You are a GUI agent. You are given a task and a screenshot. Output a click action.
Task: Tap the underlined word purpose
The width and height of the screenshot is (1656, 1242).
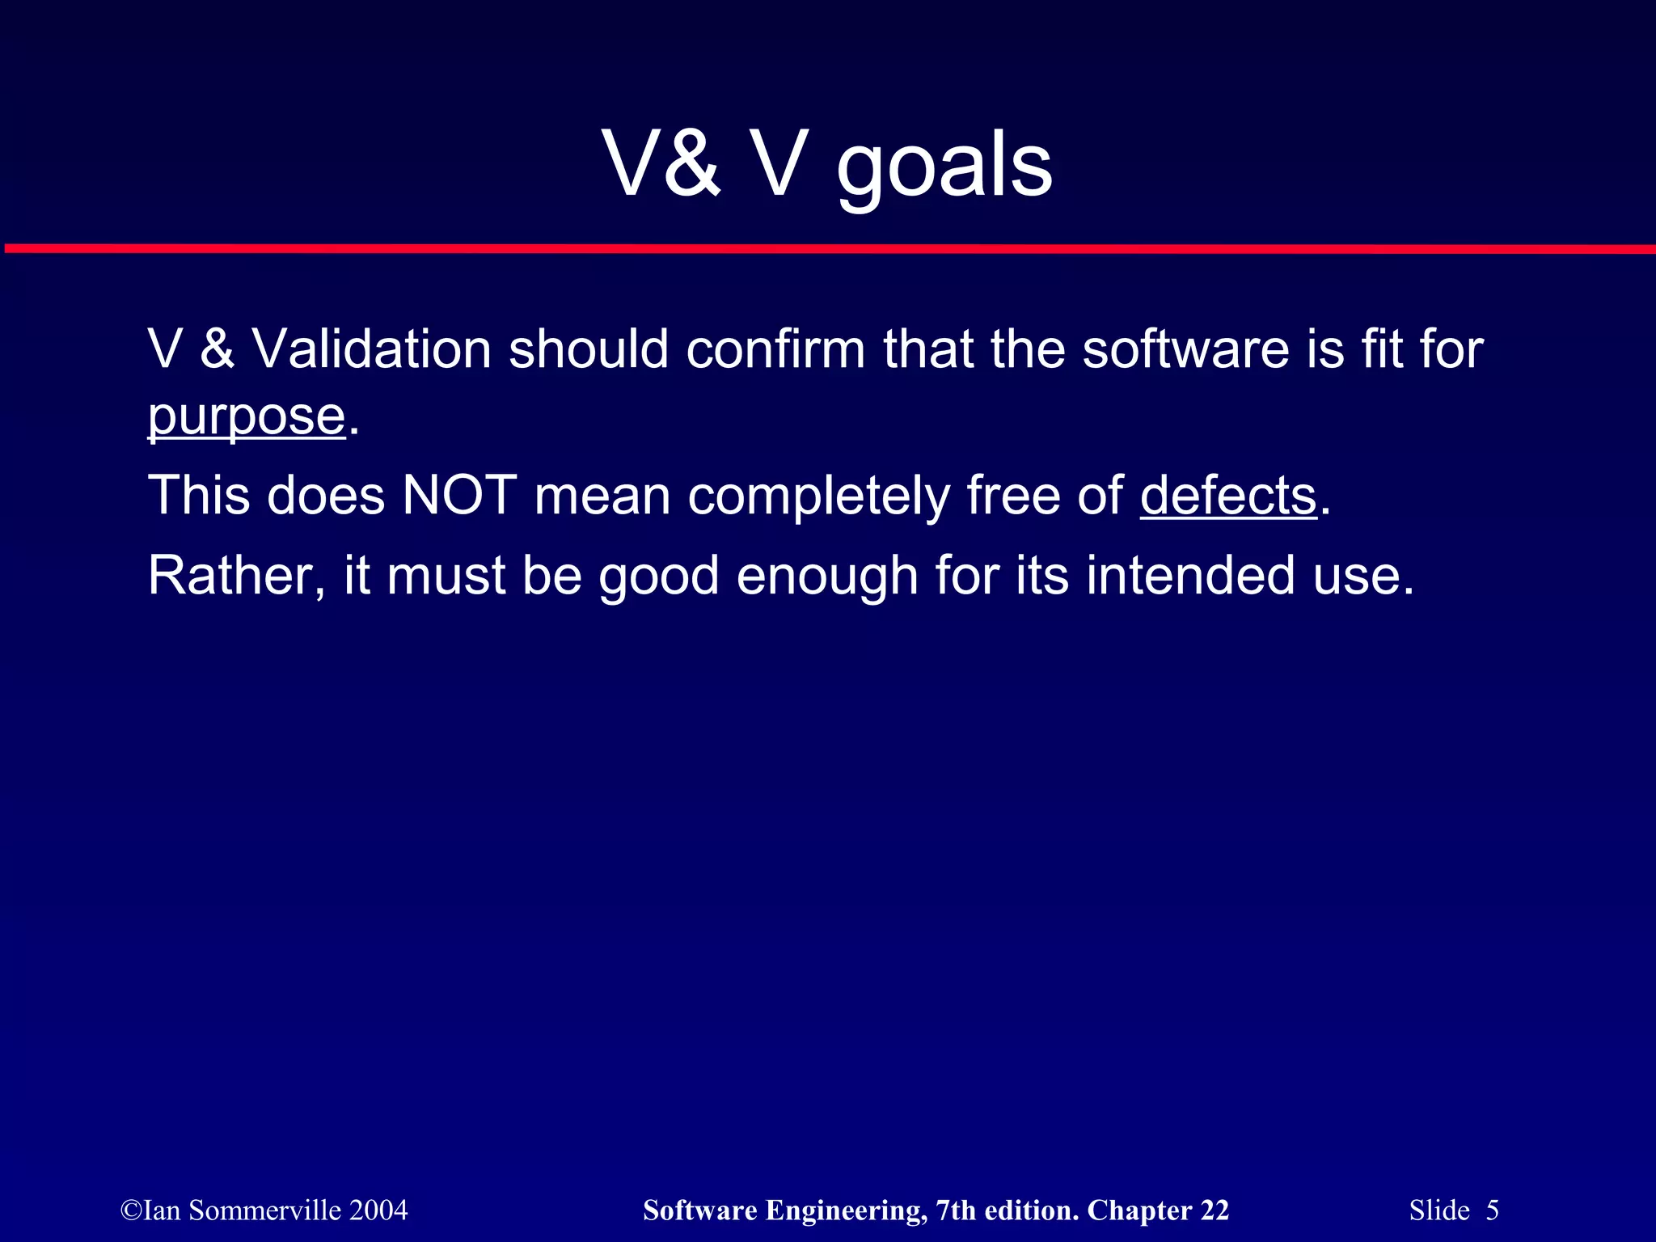[x=247, y=417]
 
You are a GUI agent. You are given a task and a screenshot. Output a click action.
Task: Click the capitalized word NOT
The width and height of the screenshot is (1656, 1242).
[x=459, y=495]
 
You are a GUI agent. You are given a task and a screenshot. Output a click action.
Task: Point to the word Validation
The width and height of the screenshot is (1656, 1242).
[x=372, y=349]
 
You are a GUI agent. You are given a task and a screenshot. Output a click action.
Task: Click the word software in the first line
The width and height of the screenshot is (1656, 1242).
[x=1186, y=349]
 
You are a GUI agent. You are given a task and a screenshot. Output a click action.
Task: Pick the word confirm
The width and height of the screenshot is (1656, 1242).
[x=775, y=349]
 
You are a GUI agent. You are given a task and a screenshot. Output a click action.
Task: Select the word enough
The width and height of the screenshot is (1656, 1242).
[x=827, y=576]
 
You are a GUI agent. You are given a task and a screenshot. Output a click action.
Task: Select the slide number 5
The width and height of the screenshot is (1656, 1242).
[x=1492, y=1210]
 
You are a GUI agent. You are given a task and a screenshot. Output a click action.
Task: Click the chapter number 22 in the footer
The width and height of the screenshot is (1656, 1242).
[x=1215, y=1210]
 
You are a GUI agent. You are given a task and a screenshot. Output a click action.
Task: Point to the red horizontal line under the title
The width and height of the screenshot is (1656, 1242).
[x=828, y=248]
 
